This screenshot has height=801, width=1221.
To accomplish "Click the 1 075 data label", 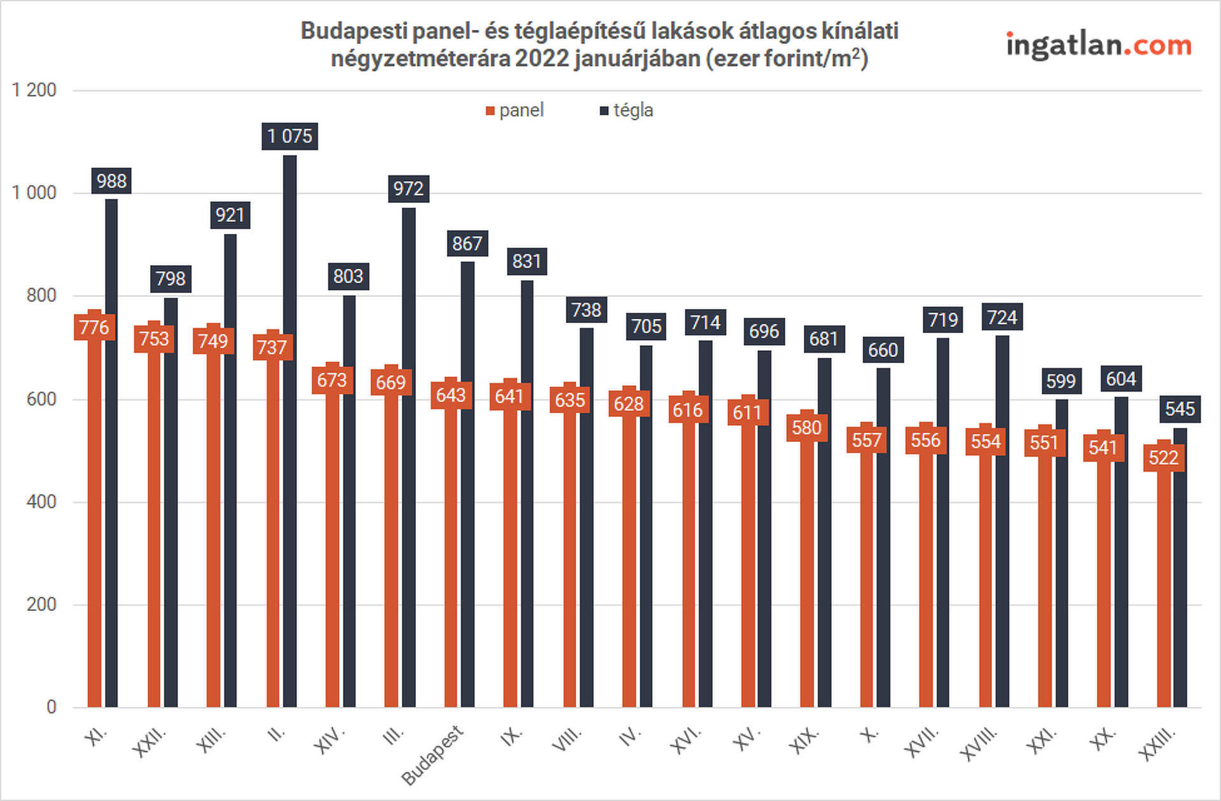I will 289,136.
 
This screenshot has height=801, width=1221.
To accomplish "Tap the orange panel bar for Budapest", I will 451,559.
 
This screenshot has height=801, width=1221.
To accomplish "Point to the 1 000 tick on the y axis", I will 34,193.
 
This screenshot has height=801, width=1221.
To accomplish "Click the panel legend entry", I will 515,111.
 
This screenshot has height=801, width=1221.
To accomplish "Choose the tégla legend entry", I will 627,111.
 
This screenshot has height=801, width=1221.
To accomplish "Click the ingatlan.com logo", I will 1098,45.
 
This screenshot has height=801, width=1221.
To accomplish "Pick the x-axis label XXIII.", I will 1158,743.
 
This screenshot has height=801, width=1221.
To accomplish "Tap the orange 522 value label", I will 1163,458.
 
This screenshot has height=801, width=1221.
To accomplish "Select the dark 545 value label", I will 1180,409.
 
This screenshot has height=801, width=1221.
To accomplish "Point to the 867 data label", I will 467,243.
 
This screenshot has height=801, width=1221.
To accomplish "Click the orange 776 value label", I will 94,327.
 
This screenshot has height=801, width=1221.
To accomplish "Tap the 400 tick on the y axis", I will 41,502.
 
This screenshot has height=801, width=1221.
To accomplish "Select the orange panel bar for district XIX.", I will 807,572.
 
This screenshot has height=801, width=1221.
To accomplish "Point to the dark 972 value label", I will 408,189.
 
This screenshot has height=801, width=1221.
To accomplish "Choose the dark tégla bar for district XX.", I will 1121,553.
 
